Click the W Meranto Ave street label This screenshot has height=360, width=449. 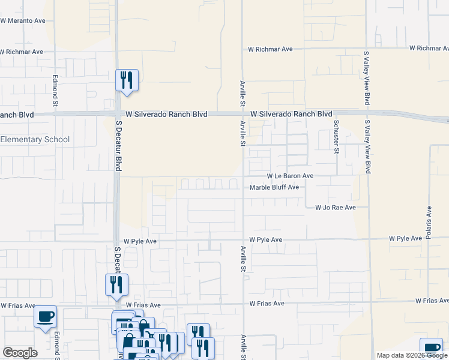click(x=23, y=20)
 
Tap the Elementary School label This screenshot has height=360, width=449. click(x=35, y=140)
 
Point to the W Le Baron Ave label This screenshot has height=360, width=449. click(x=290, y=176)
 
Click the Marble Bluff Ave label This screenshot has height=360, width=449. click(x=274, y=187)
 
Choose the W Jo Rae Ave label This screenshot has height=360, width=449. click(x=336, y=208)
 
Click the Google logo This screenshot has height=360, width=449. click(x=20, y=353)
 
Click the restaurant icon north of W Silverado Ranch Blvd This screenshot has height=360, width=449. click(x=127, y=80)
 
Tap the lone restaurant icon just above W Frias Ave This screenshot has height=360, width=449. click(x=116, y=285)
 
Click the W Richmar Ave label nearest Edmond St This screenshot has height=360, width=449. click(x=22, y=52)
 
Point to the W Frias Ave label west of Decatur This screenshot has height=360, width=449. click(x=18, y=305)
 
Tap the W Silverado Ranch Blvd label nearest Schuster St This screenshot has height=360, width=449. click(x=291, y=114)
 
